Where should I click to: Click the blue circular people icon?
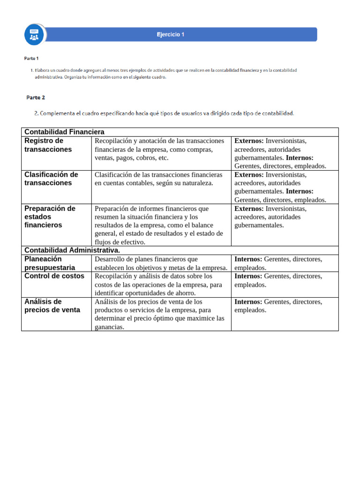click(35, 34)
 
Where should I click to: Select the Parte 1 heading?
click(31, 59)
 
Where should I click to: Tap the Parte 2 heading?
click(36, 97)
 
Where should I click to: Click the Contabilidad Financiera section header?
click(64, 132)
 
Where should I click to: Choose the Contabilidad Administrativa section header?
click(72, 250)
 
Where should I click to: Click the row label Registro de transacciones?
click(48, 145)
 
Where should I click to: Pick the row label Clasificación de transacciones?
click(51, 179)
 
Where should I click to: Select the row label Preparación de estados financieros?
click(50, 217)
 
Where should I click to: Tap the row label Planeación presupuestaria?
click(49, 263)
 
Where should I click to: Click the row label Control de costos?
click(54, 276)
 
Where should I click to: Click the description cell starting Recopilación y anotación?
click(159, 149)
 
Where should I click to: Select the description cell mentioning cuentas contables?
click(158, 179)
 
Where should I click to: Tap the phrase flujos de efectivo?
click(120, 242)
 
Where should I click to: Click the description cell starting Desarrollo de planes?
click(161, 263)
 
